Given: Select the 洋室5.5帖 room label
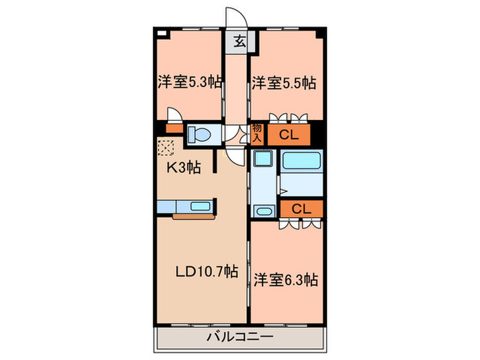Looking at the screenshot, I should tap(283, 83).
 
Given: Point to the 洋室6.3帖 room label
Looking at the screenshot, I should tap(286, 280).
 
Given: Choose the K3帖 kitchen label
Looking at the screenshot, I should tap(182, 166).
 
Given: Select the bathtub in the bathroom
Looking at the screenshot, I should tap(302, 162).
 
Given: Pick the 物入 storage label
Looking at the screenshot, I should tap(257, 132).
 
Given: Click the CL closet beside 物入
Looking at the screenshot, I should tap(288, 134).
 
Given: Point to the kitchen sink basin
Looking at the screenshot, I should tap(201, 205).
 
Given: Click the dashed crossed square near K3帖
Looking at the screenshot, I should tap(165, 146).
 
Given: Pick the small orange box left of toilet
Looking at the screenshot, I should tap(173, 128).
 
